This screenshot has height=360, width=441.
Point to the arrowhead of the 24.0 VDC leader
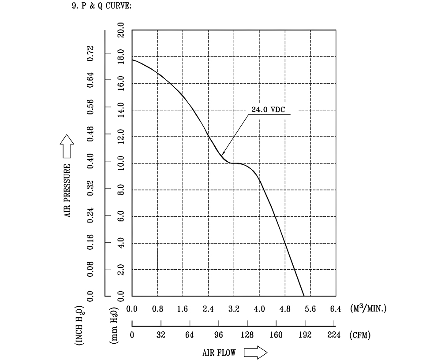pyautogui.click(x=222, y=153)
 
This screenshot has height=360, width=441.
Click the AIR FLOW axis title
pyautogui.click(x=219, y=353)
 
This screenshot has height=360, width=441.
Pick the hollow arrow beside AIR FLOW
pyautogui.click(x=255, y=353)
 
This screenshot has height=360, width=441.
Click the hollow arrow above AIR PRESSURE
pyautogui.click(x=67, y=146)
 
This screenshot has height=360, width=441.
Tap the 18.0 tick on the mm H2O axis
pyautogui.click(x=121, y=56)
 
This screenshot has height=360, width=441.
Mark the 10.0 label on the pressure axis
pyautogui.click(x=121, y=163)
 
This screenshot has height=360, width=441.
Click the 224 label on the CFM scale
pyautogui.click(x=334, y=335)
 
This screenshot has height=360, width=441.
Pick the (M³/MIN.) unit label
pyautogui.click(x=369, y=308)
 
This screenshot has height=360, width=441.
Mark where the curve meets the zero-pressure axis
pyautogui.click(x=304, y=296)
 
